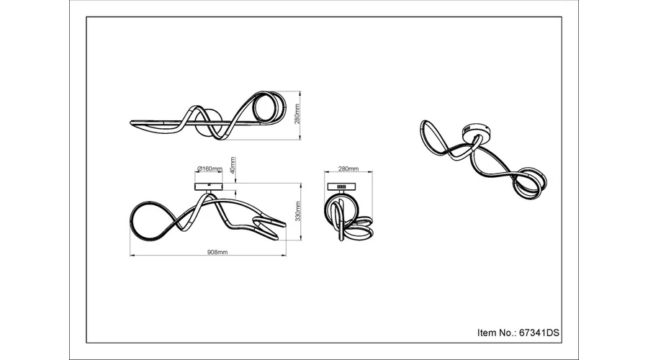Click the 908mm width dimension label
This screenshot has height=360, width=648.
point(217,252)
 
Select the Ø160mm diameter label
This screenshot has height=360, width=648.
point(210,168)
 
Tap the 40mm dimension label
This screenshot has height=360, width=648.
point(233,165)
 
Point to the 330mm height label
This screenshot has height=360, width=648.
point(298,211)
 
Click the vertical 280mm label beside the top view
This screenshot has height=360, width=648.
point(297,114)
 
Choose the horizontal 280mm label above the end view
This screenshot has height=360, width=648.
point(348,168)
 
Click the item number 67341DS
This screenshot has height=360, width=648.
point(539,333)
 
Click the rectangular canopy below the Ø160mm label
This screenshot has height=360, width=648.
point(209,186)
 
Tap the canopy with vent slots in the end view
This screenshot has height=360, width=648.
point(341,186)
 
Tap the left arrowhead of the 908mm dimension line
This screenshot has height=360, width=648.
point(131,256)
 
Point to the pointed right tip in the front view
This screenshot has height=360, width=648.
point(284,225)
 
